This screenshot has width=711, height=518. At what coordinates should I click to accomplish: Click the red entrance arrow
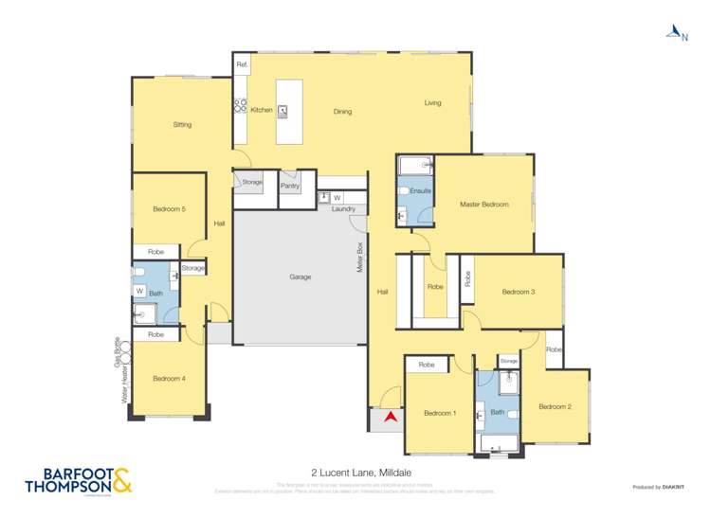(388, 415)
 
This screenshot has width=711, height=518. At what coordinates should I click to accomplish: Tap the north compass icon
(674, 34)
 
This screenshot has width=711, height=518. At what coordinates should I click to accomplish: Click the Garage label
(301, 277)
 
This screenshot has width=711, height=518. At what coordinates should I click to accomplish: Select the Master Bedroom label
(483, 205)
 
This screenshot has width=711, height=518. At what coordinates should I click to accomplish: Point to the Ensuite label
(422, 191)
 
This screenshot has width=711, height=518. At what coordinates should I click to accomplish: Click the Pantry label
(290, 186)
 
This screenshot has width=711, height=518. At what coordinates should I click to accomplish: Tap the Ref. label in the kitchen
(242, 64)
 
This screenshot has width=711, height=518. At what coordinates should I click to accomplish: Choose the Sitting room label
(182, 125)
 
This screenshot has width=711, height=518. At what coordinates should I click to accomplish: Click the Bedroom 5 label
(169, 209)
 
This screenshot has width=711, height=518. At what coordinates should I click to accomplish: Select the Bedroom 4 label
(169, 379)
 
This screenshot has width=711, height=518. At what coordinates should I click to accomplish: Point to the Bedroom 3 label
(519, 292)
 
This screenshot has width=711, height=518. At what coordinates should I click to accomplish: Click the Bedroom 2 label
(555, 406)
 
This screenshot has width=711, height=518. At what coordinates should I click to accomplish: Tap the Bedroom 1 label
(439, 413)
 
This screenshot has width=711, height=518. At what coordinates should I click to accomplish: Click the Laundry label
(343, 208)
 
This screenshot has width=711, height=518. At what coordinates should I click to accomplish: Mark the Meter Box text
(361, 258)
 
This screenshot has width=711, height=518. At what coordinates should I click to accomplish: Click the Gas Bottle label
(118, 351)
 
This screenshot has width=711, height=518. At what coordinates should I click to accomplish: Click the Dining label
(342, 112)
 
